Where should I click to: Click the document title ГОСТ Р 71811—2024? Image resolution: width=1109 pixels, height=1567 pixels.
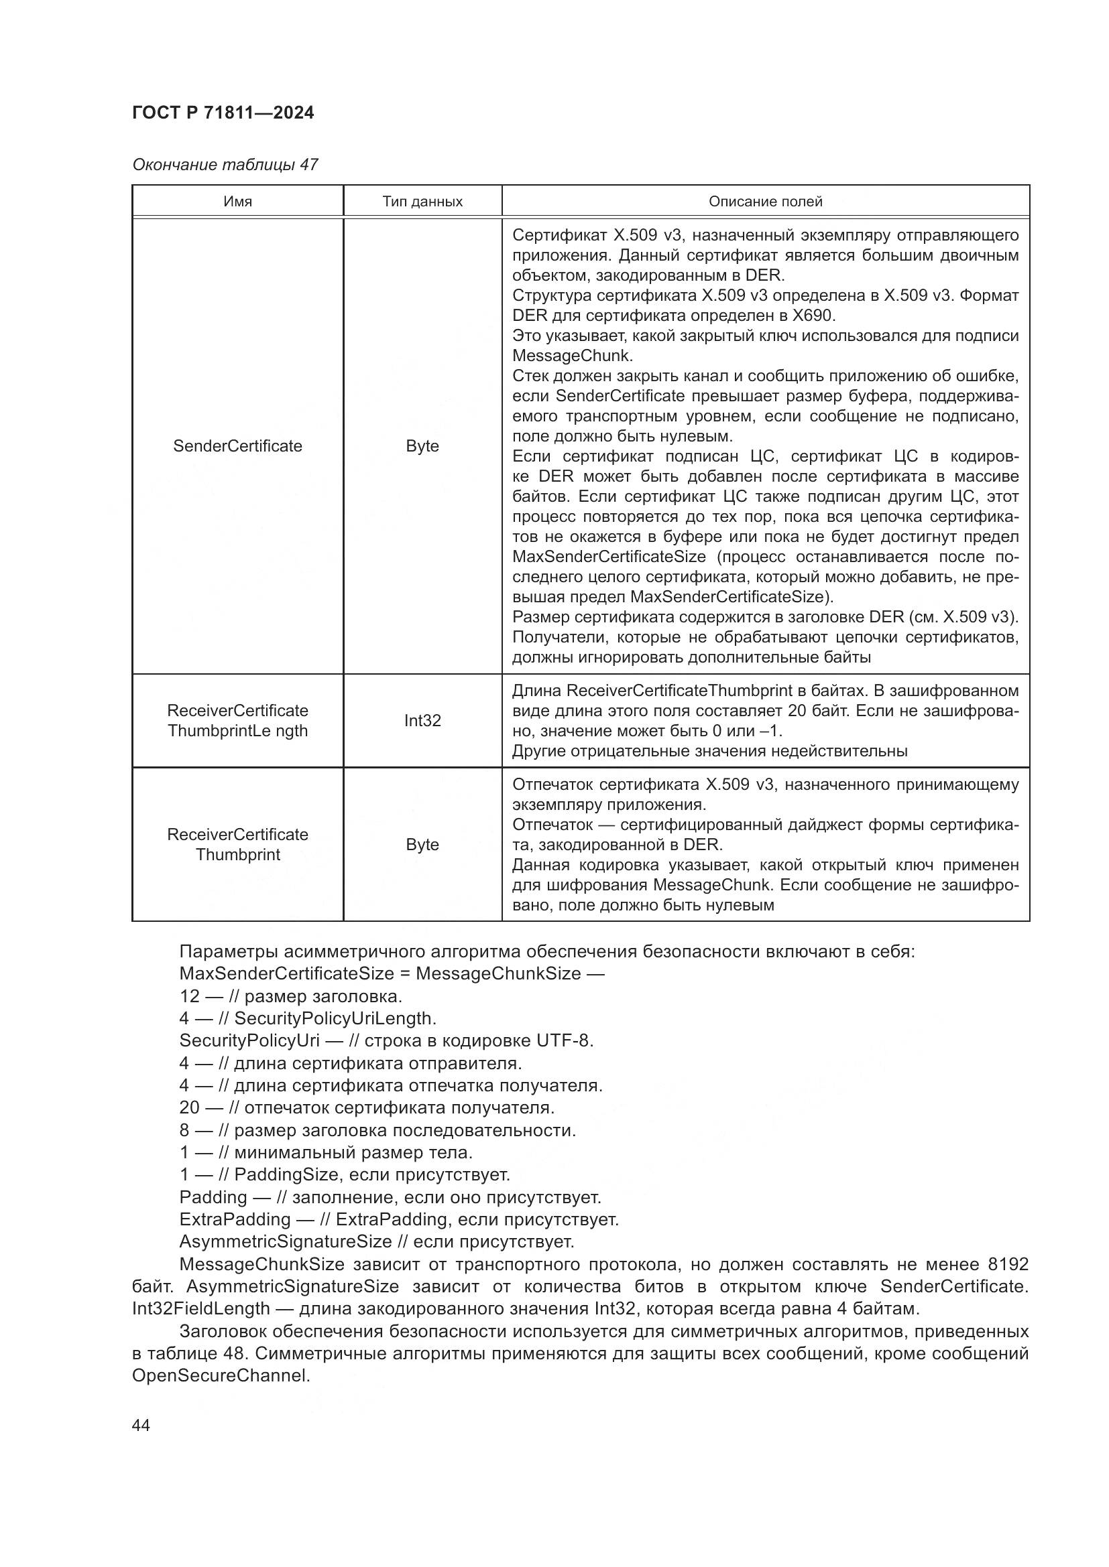pos(223,113)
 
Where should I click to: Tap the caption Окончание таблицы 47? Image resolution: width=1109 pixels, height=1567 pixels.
pos(225,165)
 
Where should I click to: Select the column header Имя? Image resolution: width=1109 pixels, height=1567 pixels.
pos(237,202)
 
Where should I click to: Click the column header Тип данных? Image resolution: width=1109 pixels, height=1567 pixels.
pos(422,202)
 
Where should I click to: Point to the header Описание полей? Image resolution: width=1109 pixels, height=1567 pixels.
pos(765,202)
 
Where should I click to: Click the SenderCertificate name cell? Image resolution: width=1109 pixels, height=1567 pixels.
pos(237,446)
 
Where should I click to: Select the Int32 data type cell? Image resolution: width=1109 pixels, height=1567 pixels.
pos(422,720)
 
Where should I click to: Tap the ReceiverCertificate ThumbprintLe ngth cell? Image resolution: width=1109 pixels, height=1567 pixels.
pos(237,720)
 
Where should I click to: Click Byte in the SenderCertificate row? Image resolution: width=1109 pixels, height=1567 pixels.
pos(422,446)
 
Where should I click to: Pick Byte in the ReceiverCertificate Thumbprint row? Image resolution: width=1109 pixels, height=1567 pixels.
pos(422,844)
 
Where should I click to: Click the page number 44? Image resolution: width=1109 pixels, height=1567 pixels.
pos(141,1426)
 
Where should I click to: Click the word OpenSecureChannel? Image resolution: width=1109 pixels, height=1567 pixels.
pos(220,1375)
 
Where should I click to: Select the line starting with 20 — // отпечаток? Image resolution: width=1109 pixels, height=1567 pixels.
pos(367,1107)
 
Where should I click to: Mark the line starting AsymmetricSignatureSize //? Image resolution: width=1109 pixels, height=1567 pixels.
pos(376,1241)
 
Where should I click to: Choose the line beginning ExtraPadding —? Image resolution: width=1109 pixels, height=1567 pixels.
pos(399,1219)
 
